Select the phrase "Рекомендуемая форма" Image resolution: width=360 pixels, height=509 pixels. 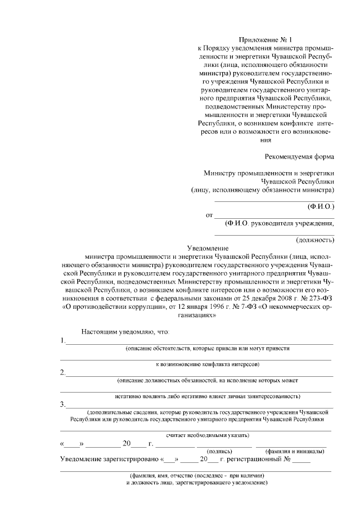pyautogui.click(x=299, y=156)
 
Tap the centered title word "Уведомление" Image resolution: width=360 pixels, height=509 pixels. pyautogui.click(x=208, y=248)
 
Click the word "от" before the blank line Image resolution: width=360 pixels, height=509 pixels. pyautogui.click(x=210, y=215)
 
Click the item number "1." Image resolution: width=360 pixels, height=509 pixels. pyautogui.click(x=62, y=341)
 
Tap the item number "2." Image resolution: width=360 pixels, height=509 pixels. pyautogui.click(x=62, y=372)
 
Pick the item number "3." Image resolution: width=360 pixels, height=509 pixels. pyautogui.click(x=62, y=404)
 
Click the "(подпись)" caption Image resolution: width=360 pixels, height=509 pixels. pyautogui.click(x=218, y=451)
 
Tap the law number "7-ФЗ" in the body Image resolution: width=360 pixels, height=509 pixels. pyautogui.click(x=241, y=307)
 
